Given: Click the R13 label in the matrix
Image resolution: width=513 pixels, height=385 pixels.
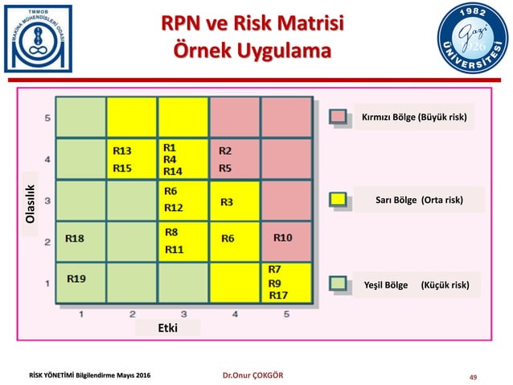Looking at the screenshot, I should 122,150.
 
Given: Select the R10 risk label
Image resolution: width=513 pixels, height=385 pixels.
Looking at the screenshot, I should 283,238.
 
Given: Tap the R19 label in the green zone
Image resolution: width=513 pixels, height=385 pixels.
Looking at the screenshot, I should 77,279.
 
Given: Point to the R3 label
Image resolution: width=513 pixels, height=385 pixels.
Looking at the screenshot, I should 228,201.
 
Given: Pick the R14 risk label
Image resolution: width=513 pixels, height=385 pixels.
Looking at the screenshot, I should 173,171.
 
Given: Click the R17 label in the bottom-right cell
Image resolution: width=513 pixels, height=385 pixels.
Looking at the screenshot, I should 278,295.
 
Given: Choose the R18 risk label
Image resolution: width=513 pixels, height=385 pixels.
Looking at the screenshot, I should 75,238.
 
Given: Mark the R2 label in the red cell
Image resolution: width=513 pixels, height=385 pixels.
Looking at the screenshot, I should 226,151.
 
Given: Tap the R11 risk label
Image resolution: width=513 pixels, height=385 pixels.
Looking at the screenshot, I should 174,250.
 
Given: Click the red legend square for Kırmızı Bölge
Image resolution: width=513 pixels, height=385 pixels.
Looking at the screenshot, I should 339,118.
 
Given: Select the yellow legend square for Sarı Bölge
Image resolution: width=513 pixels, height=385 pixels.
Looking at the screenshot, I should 339,199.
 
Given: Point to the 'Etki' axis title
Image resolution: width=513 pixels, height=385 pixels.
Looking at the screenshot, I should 167,328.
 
